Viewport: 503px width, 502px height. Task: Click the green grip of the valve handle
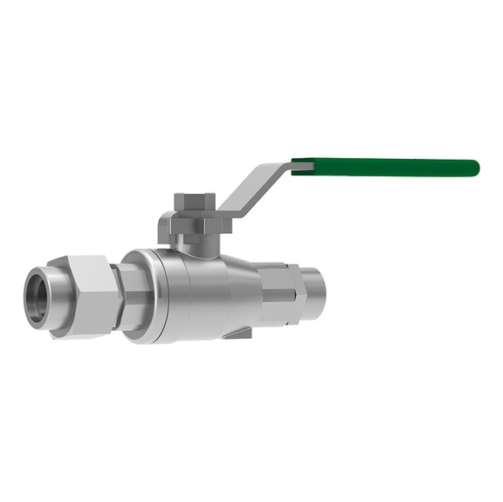point(384,167)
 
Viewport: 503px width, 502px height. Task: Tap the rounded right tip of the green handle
point(474,168)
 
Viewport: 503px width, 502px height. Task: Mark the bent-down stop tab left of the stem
point(164,229)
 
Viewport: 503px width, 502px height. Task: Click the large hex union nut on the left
point(85,295)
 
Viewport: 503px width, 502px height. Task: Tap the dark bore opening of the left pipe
point(38,298)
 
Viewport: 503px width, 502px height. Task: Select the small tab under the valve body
point(238,333)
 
